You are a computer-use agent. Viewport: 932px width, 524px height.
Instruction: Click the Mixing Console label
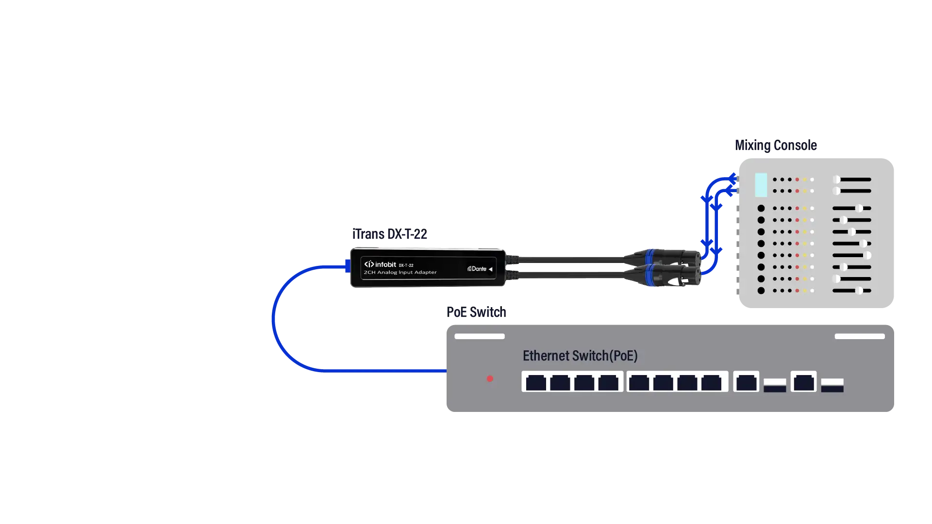(x=776, y=145)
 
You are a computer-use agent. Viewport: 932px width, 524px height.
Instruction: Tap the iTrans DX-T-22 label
(x=390, y=234)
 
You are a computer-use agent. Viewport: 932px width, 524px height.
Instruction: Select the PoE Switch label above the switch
(x=476, y=312)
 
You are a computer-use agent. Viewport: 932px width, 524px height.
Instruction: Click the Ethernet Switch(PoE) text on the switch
(x=580, y=356)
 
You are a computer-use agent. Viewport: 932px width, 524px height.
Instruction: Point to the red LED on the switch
(x=490, y=378)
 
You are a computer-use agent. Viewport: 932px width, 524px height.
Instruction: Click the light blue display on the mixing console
(x=761, y=185)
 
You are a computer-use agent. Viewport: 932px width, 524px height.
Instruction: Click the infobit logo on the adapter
(x=380, y=264)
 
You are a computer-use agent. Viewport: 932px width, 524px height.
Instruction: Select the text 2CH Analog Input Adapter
(x=400, y=273)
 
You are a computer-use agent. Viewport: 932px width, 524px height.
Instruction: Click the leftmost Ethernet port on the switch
(x=536, y=382)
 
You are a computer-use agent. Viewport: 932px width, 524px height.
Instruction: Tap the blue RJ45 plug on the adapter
(x=348, y=266)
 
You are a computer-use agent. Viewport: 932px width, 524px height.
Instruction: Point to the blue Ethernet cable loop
(x=273, y=319)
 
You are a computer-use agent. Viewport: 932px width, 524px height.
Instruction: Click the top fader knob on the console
(x=836, y=180)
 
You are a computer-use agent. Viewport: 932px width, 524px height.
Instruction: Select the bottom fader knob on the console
(x=859, y=291)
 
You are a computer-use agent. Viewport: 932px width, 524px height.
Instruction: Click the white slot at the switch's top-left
(x=480, y=336)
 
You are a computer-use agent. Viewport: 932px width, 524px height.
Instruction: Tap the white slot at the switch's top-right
(x=860, y=336)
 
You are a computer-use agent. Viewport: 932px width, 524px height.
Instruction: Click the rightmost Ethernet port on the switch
(x=804, y=382)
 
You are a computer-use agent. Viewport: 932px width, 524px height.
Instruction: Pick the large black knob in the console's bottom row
(x=761, y=291)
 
